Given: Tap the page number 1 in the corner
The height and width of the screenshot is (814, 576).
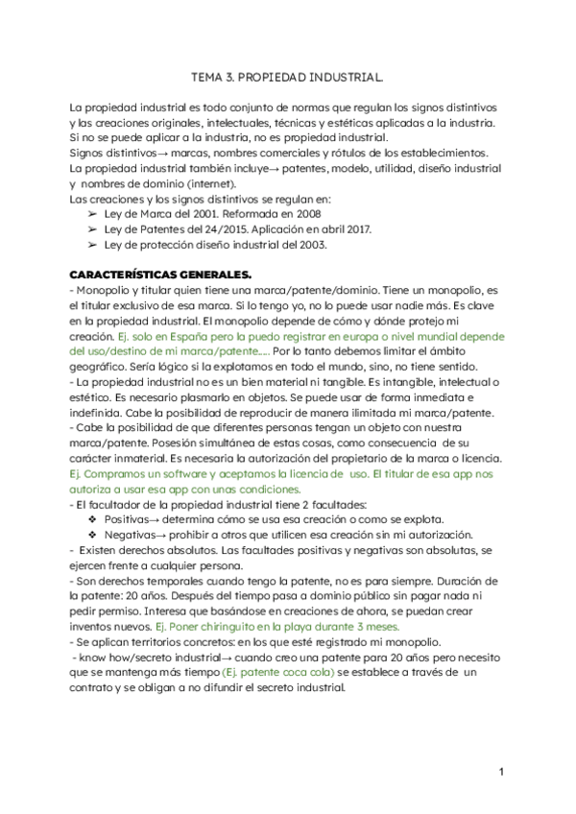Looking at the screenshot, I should [501, 772].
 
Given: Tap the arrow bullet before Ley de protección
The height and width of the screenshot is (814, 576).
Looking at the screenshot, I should [91, 245].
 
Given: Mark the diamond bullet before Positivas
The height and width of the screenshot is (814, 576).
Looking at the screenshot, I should [91, 517].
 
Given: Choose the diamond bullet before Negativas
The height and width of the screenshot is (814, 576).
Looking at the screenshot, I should [91, 533].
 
